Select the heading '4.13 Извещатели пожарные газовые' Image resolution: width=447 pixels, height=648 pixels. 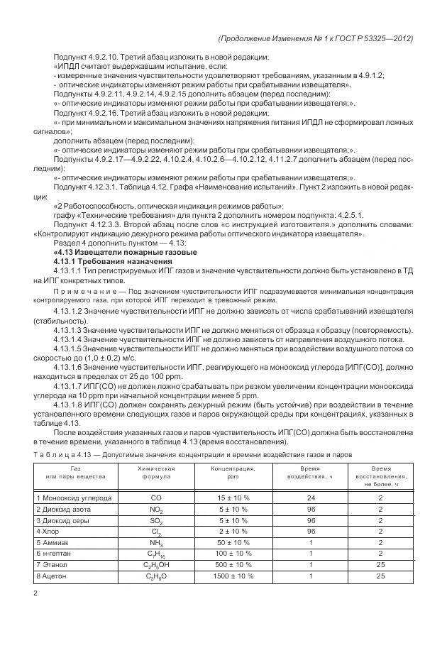click(x=125, y=253)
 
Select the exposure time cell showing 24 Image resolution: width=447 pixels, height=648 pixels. click(x=311, y=498)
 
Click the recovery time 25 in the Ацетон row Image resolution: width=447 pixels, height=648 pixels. click(x=380, y=576)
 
